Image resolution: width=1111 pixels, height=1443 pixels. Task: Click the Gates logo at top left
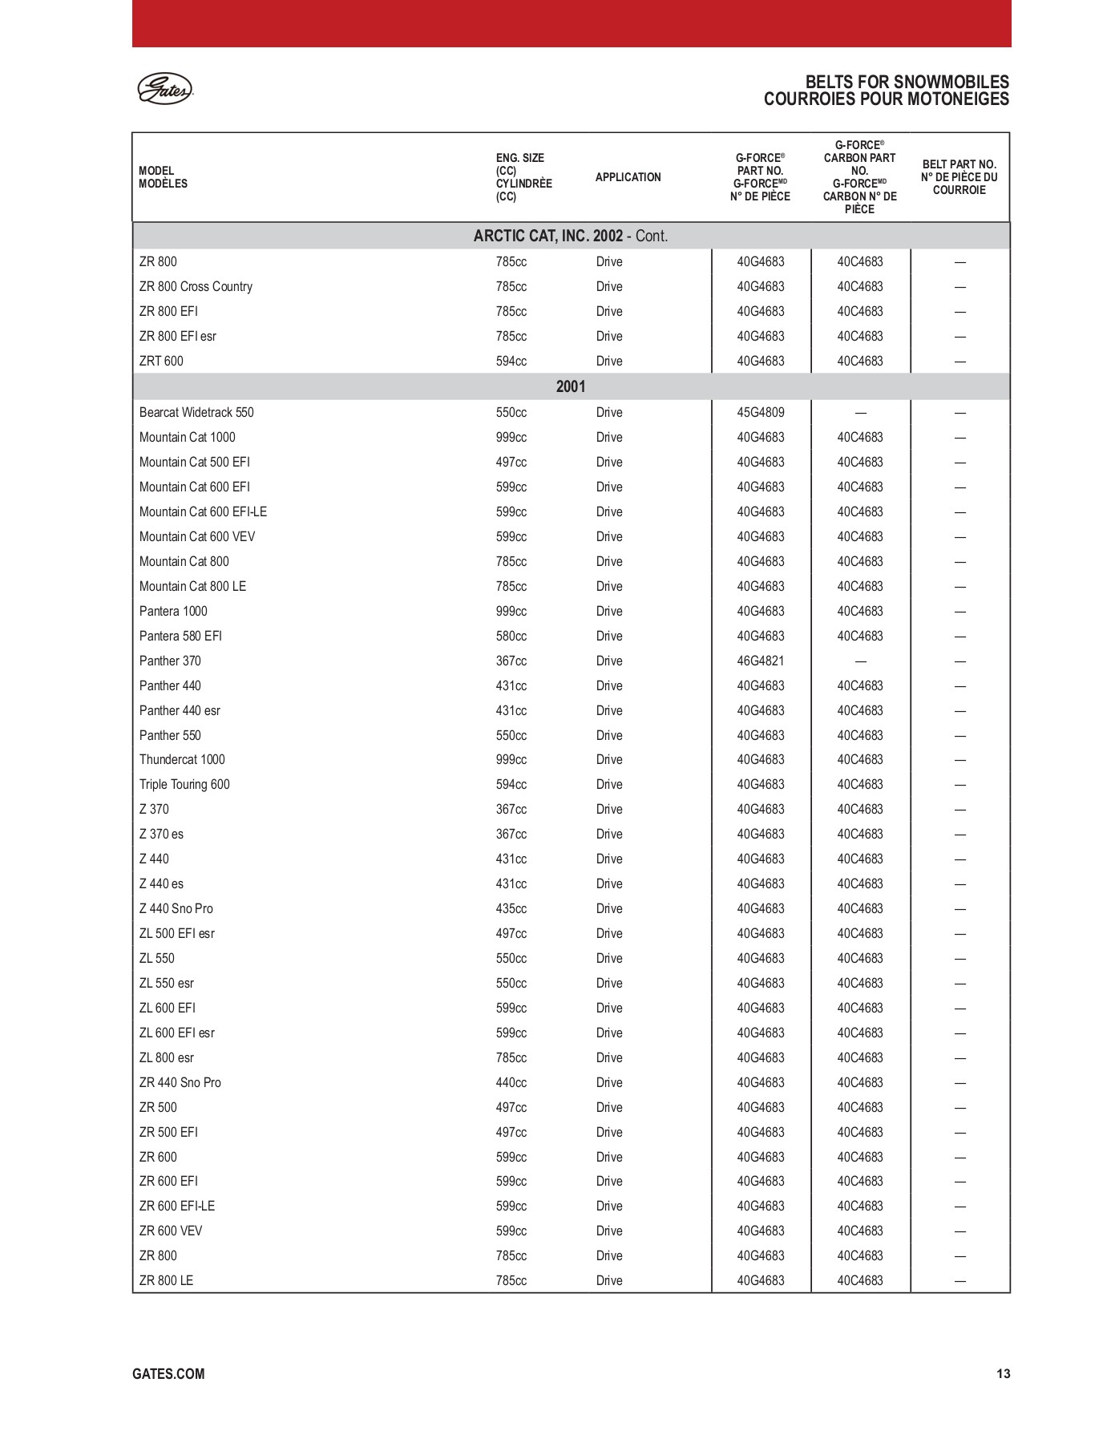click(x=165, y=88)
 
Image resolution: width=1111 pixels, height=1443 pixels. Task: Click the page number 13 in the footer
click(x=1003, y=1374)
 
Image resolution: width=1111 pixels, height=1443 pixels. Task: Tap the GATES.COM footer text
click(x=168, y=1374)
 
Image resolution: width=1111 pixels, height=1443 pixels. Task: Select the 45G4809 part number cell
click(x=761, y=413)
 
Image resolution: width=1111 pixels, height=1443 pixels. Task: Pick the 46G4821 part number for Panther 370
click(x=761, y=661)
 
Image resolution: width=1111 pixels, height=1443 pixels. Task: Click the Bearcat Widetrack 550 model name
click(x=196, y=413)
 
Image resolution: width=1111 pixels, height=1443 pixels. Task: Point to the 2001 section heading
click(x=571, y=387)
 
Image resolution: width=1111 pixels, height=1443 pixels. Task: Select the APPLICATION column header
click(x=628, y=177)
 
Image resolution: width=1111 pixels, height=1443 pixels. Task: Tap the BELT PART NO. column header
click(x=959, y=177)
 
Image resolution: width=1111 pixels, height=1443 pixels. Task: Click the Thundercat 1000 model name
click(x=182, y=760)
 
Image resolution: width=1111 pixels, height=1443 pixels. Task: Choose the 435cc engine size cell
click(x=511, y=909)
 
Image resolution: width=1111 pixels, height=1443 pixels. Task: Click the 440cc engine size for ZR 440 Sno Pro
click(x=511, y=1083)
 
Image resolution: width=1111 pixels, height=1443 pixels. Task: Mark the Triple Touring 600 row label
click(x=184, y=785)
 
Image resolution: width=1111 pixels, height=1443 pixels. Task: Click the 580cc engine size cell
click(x=511, y=637)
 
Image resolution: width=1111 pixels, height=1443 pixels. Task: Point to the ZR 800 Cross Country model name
click(x=196, y=287)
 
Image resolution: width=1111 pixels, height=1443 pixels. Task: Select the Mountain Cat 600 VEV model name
click(x=197, y=537)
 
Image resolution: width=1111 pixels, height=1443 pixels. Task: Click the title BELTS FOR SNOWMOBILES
click(x=907, y=82)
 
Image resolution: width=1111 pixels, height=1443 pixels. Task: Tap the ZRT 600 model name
click(x=161, y=362)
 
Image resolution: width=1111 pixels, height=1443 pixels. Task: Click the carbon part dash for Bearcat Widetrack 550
click(x=860, y=413)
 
